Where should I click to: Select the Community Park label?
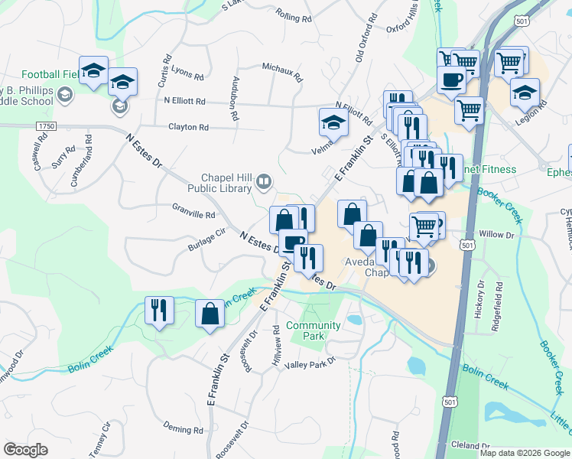coord(314,330)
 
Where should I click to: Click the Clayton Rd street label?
coord(188,127)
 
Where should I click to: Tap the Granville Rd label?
coord(193,215)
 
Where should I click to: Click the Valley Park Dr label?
coord(310,364)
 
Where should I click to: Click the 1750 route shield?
coord(45,125)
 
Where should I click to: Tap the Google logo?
coord(26,449)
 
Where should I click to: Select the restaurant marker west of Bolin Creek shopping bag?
coord(159,310)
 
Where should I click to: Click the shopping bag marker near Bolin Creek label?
coord(210,314)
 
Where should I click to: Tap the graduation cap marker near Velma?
coord(333,122)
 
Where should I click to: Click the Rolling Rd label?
coord(294,17)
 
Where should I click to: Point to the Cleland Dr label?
coord(471,445)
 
